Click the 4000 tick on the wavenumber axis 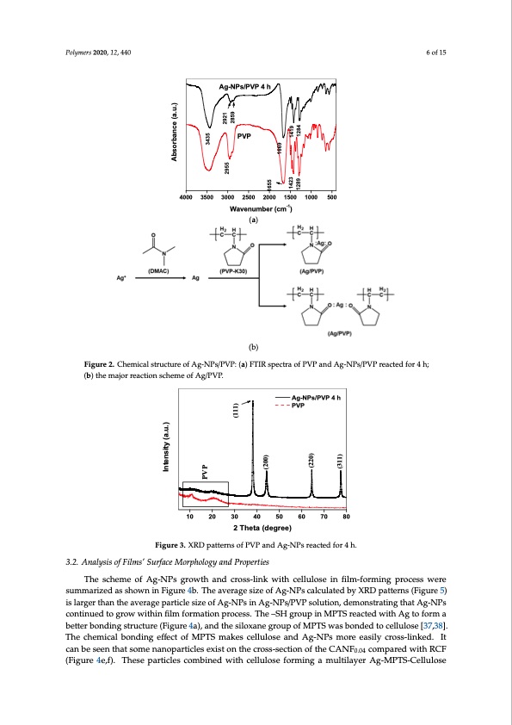185,198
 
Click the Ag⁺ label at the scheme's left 120,278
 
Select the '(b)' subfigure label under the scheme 253,347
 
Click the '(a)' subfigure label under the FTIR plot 253,220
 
